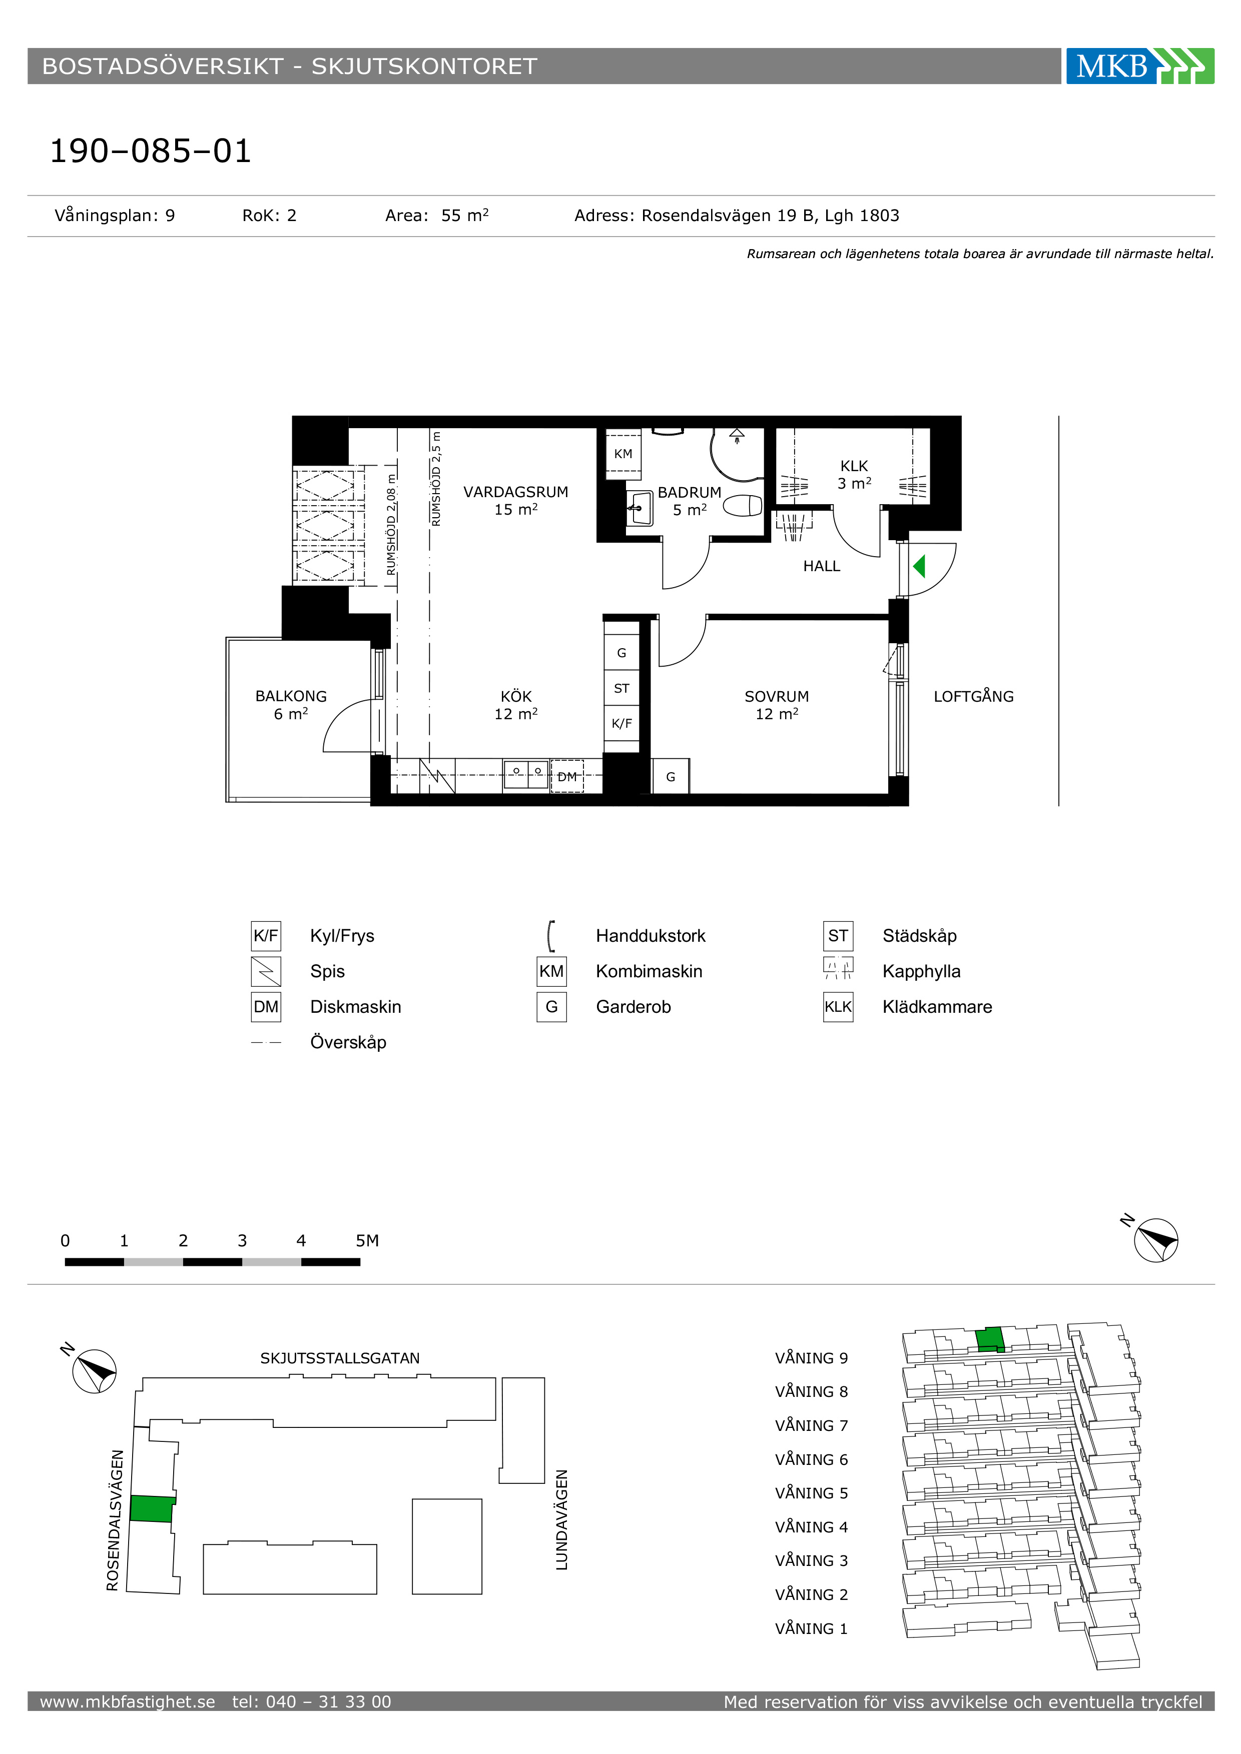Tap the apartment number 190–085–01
point(151,151)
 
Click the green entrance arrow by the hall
point(919,566)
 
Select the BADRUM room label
point(689,493)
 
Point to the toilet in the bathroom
point(743,506)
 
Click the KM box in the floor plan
point(624,454)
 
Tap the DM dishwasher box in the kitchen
point(567,776)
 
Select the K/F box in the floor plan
point(622,723)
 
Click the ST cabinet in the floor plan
point(622,688)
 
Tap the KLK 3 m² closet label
point(854,475)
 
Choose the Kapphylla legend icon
point(838,969)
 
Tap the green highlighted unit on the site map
point(151,1509)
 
